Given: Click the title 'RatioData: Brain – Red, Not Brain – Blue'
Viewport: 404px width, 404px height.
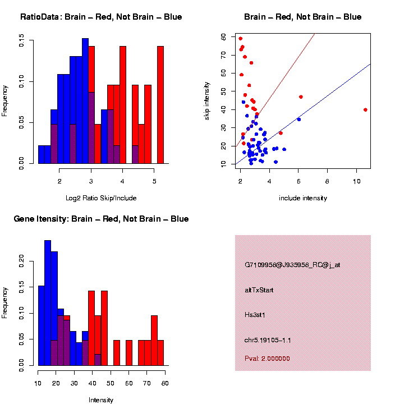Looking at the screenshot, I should point(101,17).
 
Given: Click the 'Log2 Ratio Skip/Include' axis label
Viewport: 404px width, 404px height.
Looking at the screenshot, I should point(101,198).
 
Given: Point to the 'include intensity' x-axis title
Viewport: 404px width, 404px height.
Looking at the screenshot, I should point(303,198).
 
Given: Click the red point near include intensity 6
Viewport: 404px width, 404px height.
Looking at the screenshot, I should point(301,97).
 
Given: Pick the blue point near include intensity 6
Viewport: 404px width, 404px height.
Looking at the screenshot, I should point(299,120).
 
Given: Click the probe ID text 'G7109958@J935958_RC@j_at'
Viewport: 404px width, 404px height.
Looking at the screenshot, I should point(292,265).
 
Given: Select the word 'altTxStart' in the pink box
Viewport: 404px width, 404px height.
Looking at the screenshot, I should point(259,290).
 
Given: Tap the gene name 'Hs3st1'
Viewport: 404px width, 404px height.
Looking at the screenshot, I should point(255,315).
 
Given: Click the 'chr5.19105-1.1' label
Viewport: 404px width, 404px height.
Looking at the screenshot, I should point(268,340).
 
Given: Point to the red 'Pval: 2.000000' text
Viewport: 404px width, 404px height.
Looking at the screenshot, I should point(267,359).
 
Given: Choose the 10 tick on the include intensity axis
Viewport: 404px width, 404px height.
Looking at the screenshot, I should point(357,181).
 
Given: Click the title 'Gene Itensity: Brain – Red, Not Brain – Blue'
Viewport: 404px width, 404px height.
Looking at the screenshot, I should point(101,219).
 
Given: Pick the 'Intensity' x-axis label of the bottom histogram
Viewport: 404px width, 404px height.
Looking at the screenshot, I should point(101,400).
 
